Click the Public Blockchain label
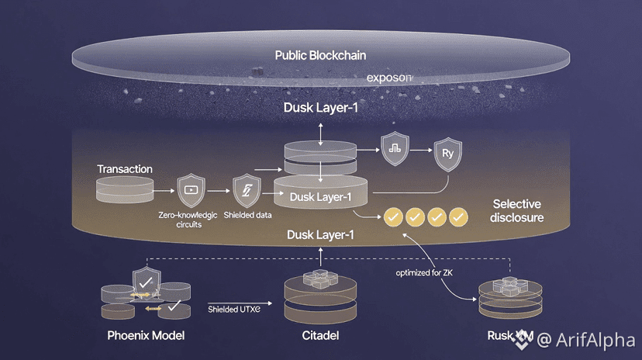(320, 55)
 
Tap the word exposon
(390, 78)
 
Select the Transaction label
(125, 168)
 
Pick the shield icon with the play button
(191, 189)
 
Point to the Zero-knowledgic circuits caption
(187, 220)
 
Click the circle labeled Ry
(447, 153)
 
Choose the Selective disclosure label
(518, 210)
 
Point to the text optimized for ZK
(424, 273)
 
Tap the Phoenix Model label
(145, 336)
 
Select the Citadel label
(319, 336)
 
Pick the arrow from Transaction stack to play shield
(162, 189)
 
